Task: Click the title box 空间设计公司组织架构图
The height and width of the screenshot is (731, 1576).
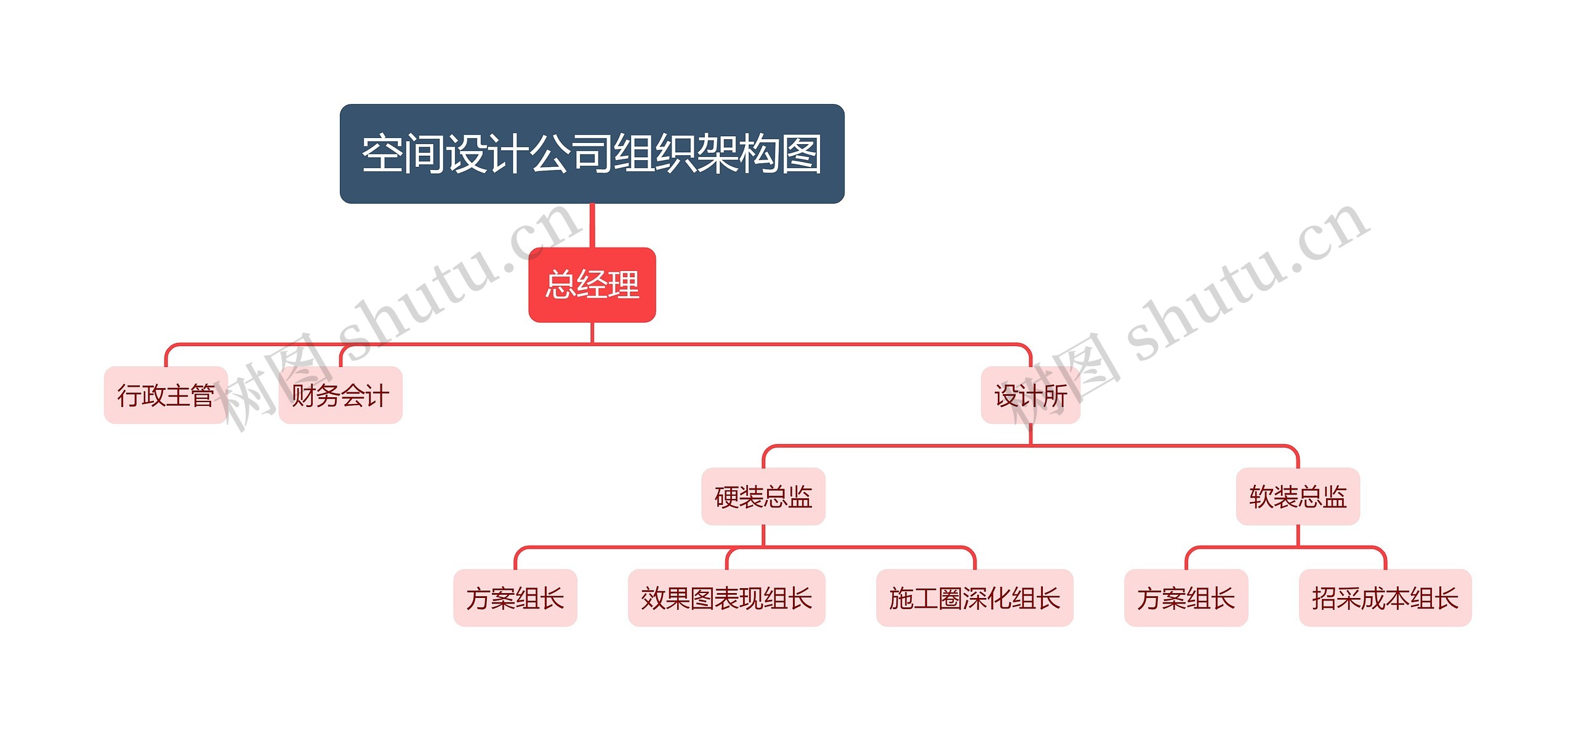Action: (x=592, y=153)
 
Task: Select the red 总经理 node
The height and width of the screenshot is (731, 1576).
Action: (x=592, y=285)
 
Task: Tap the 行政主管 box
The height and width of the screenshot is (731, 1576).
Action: (x=166, y=395)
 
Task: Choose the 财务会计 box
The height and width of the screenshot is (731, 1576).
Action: (x=340, y=395)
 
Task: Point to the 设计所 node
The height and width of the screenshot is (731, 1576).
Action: (x=1030, y=395)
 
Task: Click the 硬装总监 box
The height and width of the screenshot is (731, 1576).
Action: (x=763, y=496)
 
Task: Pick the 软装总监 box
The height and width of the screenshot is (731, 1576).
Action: (x=1298, y=496)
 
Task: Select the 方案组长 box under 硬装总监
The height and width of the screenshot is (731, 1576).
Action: (x=515, y=598)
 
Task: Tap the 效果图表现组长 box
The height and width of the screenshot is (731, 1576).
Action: (x=726, y=598)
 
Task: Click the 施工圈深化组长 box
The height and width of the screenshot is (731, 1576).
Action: (x=975, y=598)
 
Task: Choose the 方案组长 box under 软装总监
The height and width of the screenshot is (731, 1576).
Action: (x=1186, y=598)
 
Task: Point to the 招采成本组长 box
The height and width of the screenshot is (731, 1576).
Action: (x=1385, y=598)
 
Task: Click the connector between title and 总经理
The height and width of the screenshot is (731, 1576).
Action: (x=592, y=225)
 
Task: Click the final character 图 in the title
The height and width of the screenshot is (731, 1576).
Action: (x=801, y=154)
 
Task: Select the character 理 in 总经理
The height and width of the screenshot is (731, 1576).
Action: (x=624, y=285)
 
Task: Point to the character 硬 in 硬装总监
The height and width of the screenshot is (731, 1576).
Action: (x=726, y=497)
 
